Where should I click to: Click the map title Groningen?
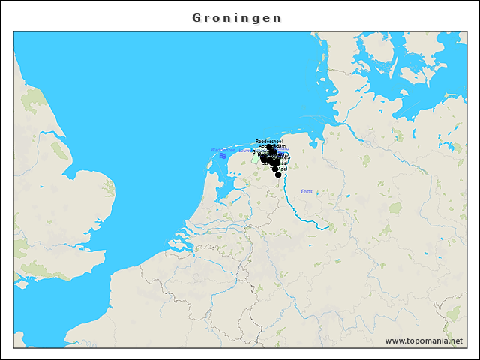[x=237, y=17]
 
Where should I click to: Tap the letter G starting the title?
[x=196, y=17]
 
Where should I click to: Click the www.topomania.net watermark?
[x=424, y=341]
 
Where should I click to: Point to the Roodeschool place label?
[x=268, y=141]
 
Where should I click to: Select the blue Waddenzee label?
[x=223, y=150]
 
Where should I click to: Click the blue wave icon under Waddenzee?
[x=223, y=156]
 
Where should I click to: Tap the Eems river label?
[x=306, y=191]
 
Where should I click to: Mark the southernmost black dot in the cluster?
[x=278, y=175]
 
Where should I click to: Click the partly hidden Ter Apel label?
[x=280, y=169]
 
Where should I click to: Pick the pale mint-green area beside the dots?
[x=256, y=158]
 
